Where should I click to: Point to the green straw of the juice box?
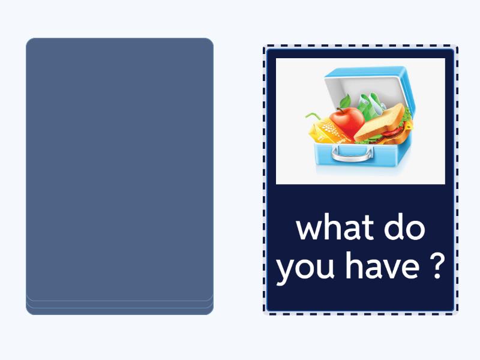click(x=311, y=115)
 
